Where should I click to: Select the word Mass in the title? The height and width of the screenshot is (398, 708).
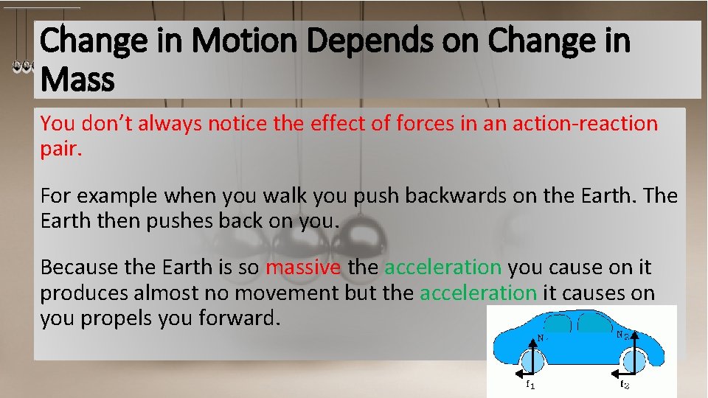coord(77,79)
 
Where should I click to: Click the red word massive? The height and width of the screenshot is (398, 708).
coord(304,267)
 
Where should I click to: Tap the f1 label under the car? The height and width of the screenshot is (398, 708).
coord(529,384)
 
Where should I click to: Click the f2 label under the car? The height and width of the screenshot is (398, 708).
coord(624,384)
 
